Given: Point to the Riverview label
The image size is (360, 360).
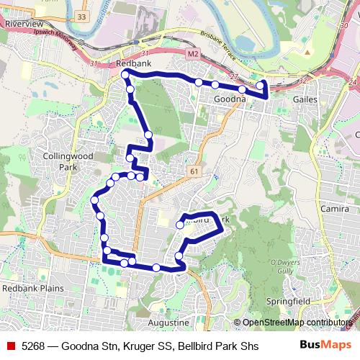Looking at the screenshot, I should tap(23, 24).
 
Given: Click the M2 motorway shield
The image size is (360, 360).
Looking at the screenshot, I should tap(192, 54).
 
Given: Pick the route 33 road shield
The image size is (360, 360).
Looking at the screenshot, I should tap(81, 16).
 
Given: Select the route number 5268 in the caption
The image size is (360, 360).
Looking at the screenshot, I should tap(35, 346).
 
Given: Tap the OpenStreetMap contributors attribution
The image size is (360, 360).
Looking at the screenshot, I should tap(296, 323).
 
